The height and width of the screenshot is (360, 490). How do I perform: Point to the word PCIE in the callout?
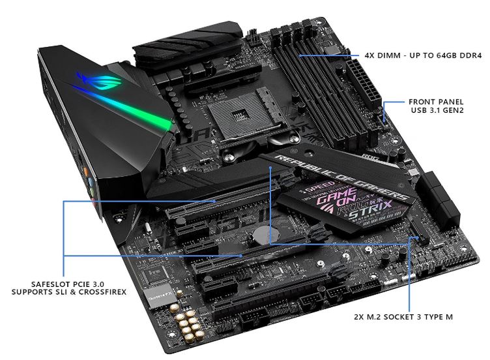point(77,283)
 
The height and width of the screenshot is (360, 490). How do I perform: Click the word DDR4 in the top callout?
point(470,56)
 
